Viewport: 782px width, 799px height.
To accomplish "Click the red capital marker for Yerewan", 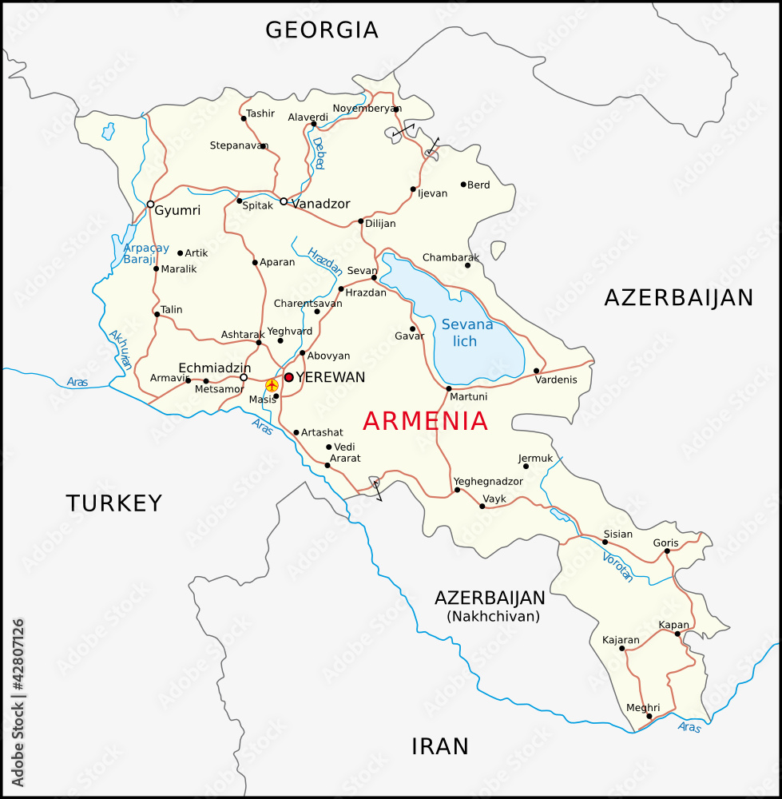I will coord(288,377).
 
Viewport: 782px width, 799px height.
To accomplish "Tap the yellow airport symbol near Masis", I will coord(272,386).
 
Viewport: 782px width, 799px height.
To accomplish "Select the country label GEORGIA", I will coord(322,30).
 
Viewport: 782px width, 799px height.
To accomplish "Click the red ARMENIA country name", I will coord(425,421).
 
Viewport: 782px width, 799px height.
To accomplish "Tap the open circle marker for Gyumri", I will coord(150,205).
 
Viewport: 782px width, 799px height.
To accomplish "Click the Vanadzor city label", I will coord(320,204).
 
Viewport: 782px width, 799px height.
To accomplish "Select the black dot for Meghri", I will coord(649,716).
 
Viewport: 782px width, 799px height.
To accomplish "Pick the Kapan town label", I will coord(673,625).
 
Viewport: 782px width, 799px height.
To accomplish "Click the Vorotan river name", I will coord(617,566).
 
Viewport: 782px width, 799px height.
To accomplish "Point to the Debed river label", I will coord(319,153).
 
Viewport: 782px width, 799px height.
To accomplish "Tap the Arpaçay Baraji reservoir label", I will coord(146,253).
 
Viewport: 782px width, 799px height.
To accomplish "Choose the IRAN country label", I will coord(439,746).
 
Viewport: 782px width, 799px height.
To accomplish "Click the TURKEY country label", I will coord(114,503).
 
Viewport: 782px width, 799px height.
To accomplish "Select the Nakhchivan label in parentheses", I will coord(494,616).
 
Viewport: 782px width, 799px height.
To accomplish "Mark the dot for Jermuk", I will coord(526,467).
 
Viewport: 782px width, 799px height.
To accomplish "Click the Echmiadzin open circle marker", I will coord(244,377).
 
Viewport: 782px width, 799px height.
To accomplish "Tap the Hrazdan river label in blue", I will coord(324,262).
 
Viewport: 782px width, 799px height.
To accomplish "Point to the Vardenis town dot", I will coord(536,371).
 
